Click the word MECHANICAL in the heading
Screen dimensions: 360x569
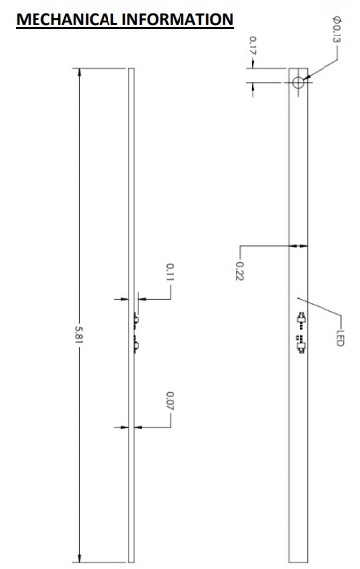tap(63, 18)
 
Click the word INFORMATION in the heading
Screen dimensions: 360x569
tap(177, 18)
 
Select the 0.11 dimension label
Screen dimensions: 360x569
tap(170, 272)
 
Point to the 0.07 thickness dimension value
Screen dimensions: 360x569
tap(170, 402)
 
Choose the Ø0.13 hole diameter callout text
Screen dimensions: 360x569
tap(336, 34)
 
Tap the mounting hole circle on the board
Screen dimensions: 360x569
tap(299, 82)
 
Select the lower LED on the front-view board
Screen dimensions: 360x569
tap(300, 343)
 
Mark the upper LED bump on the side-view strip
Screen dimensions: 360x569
tap(135, 319)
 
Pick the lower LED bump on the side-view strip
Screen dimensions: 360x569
tap(135, 343)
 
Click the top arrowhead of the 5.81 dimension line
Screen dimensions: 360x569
tap(79, 72)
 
